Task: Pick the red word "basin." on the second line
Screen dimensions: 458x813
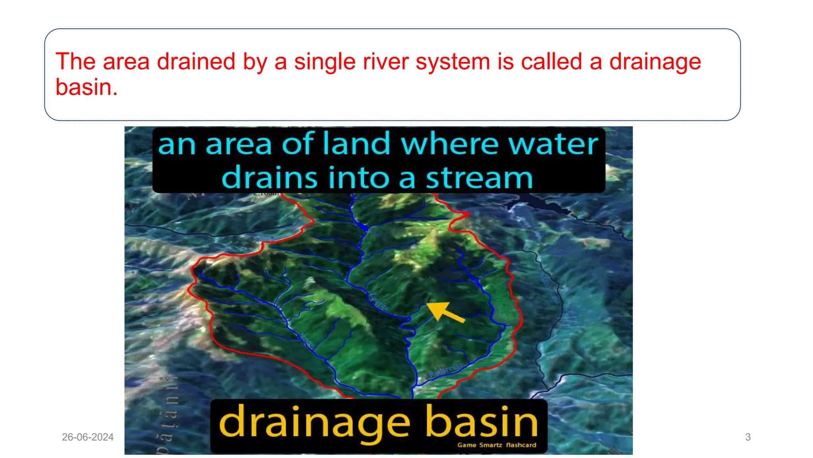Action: click(87, 87)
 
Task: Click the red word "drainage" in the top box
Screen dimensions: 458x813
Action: click(655, 62)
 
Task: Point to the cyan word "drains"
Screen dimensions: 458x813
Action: click(269, 177)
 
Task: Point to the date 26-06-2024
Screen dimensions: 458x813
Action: click(88, 437)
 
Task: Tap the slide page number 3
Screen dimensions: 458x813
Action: click(748, 437)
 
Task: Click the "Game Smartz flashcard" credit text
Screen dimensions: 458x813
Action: click(497, 445)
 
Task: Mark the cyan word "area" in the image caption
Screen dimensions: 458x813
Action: click(238, 144)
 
